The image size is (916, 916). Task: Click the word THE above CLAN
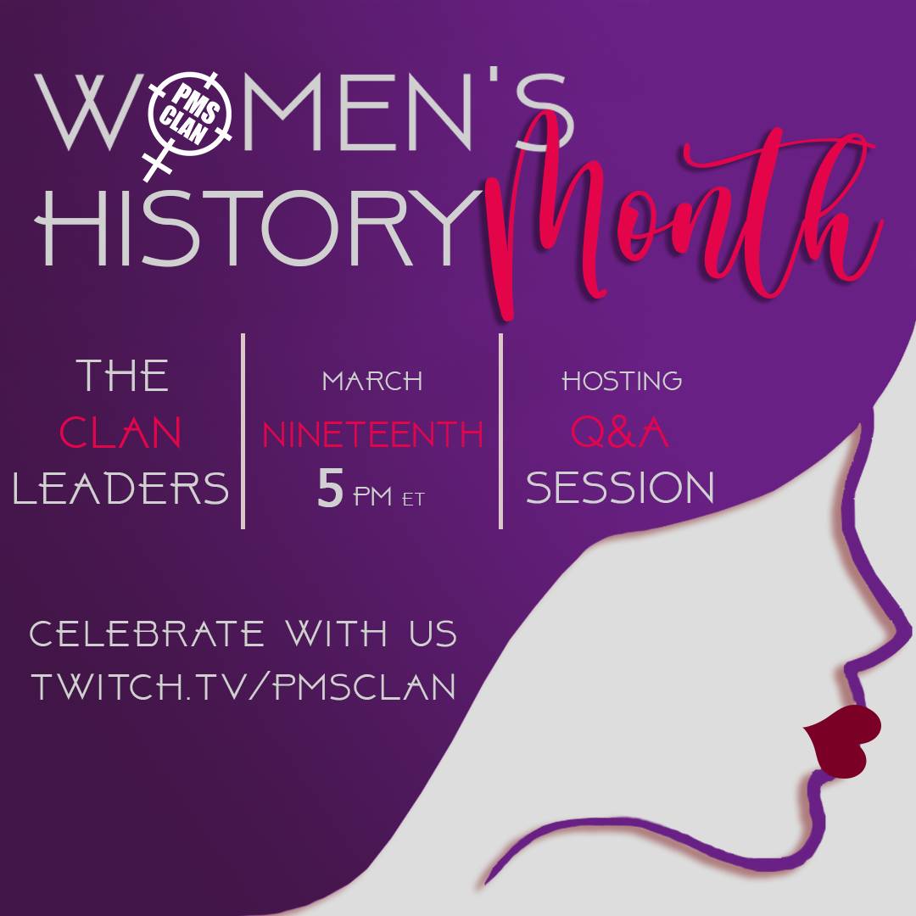(x=122, y=376)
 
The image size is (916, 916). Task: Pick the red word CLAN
(x=120, y=434)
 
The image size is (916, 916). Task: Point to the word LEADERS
(x=121, y=489)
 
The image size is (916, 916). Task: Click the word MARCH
(x=372, y=381)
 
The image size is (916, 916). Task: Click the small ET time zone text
(x=413, y=499)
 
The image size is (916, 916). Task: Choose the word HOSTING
(x=622, y=381)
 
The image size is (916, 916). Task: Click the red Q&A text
(x=620, y=434)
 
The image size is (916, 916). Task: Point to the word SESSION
(x=620, y=489)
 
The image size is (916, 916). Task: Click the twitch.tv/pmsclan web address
(x=244, y=686)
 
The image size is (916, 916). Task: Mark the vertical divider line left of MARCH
(x=243, y=431)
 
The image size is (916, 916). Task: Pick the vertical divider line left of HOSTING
(x=501, y=431)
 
